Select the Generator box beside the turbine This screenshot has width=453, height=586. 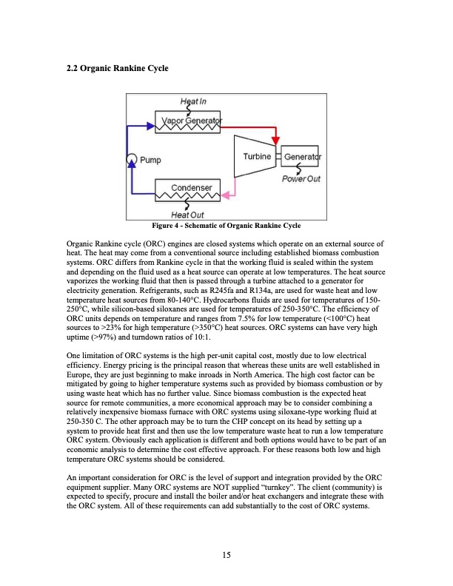[301, 158]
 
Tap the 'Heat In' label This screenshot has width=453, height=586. [194, 102]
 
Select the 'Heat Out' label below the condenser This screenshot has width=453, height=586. [188, 215]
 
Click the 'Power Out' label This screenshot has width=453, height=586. [300, 178]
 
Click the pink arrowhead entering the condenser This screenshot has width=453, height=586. [228, 196]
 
